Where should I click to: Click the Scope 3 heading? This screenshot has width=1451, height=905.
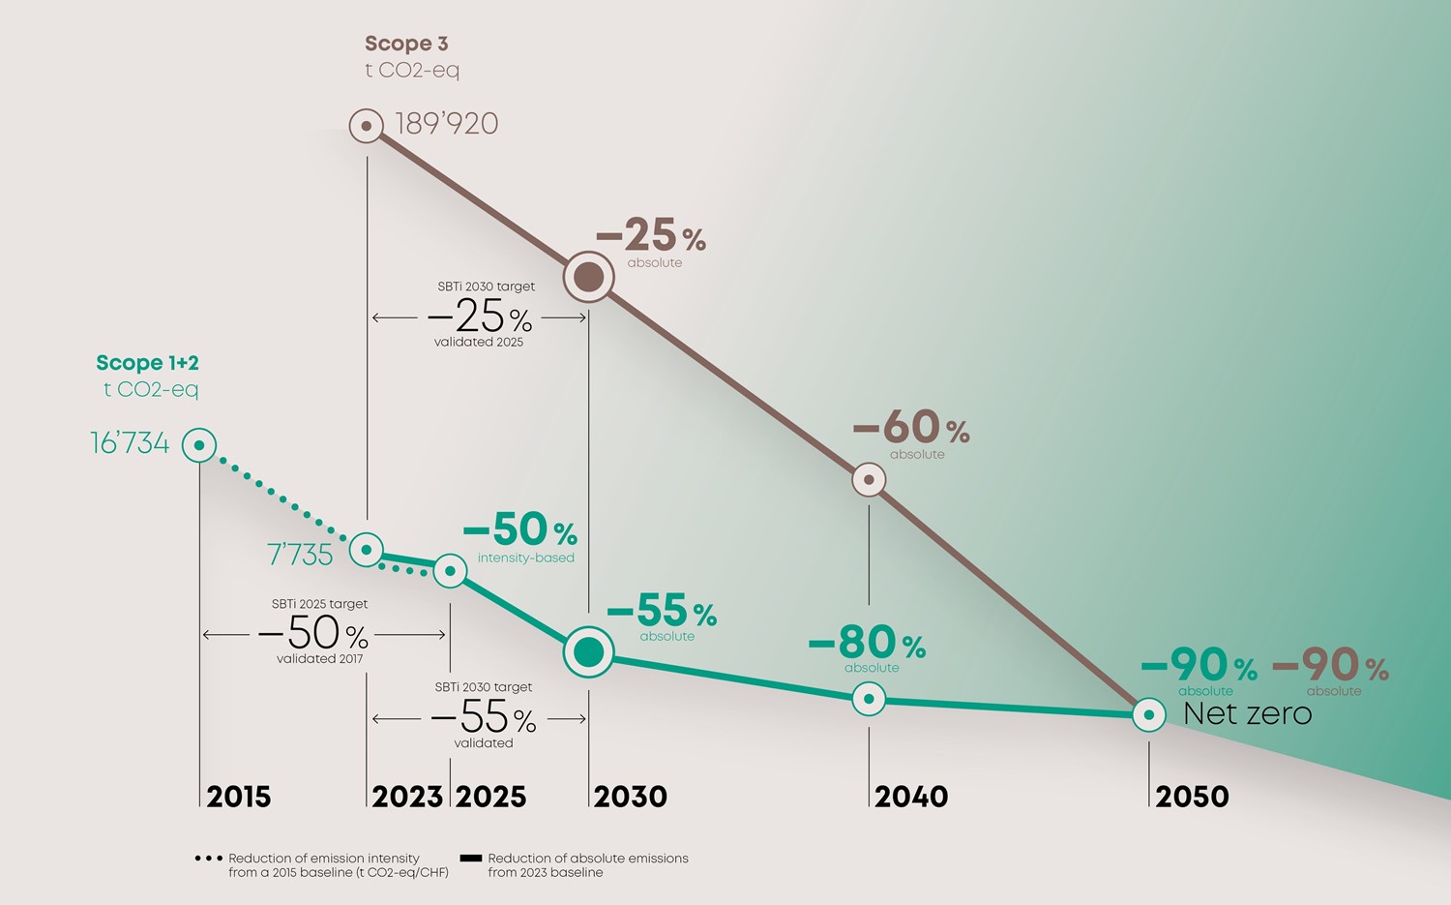coord(406,44)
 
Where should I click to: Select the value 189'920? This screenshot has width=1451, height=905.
coord(446,124)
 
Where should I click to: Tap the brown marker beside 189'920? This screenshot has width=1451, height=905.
coord(367,125)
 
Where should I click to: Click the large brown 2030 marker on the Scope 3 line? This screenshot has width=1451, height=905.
coord(588,277)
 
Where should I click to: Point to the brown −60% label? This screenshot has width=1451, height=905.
coord(910,427)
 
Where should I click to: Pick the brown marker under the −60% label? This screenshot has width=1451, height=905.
coord(869,479)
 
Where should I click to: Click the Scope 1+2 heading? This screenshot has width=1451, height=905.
coord(147,363)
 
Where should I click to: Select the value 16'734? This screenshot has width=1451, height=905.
coord(130,444)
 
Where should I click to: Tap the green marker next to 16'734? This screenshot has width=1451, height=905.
coord(199,445)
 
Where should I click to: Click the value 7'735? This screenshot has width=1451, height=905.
coord(300,555)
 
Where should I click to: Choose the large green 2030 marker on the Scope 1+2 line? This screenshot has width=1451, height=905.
coord(588,652)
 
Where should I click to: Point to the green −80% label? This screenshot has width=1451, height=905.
coord(867,643)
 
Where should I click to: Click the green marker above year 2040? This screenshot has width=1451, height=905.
coord(869,698)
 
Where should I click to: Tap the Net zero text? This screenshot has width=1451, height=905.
coord(1248,714)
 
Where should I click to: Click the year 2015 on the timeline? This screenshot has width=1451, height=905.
coord(238,797)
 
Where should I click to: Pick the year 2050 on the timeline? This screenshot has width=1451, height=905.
coord(1192,797)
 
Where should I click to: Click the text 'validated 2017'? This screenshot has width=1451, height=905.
coord(319,659)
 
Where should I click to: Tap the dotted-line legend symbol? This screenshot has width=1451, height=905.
coord(208,859)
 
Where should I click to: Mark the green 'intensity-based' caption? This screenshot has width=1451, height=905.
coord(525,558)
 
